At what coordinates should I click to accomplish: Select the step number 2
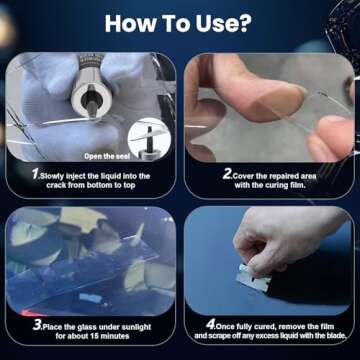(227, 174)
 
